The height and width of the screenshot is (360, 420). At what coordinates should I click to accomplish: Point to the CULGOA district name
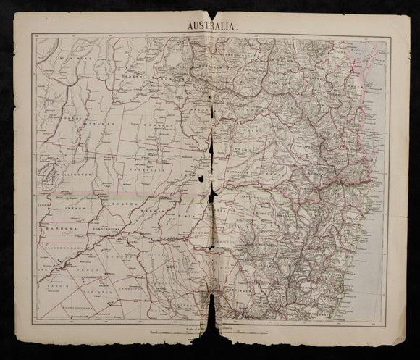click(x=120, y=205)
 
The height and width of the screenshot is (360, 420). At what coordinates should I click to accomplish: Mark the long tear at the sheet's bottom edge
click(x=211, y=319)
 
